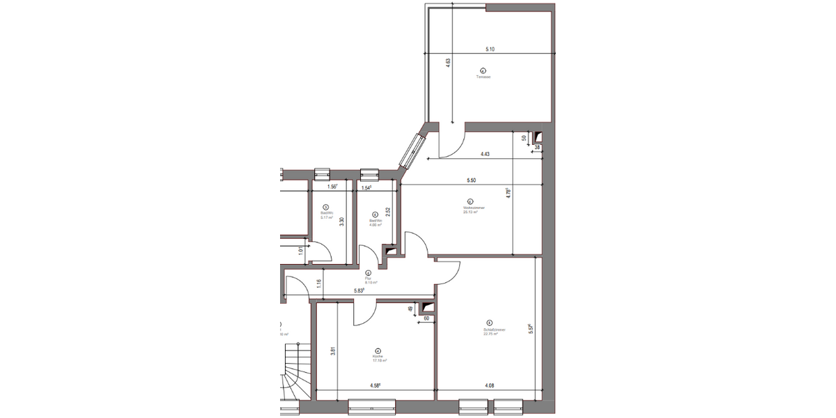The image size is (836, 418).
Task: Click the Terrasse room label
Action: pos(483,77)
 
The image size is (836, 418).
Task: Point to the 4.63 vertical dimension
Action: pos(449,63)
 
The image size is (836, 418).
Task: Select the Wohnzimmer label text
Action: pos(473,208)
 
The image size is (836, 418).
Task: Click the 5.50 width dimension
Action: pos(472,181)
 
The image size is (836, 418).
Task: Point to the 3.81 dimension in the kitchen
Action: pos(334,351)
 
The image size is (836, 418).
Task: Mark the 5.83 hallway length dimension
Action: pos(360,291)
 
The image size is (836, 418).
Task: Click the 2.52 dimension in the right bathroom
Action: pos(388,212)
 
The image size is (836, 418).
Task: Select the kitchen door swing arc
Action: pos(364,313)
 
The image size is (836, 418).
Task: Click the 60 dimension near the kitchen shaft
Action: pos(426,318)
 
